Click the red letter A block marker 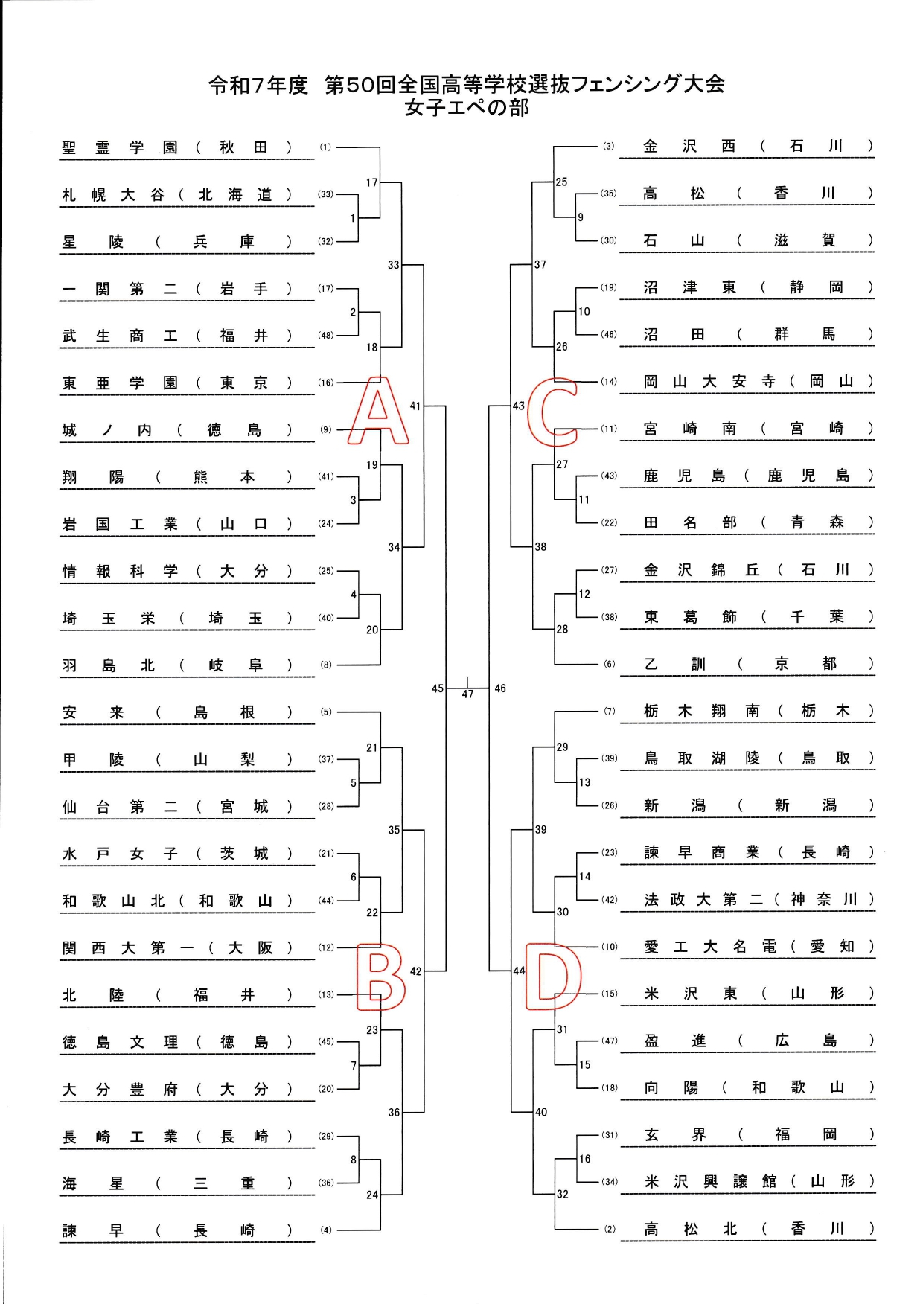pyautogui.click(x=378, y=412)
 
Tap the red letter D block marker pyautogui.click(x=553, y=976)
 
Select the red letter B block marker pyautogui.click(x=380, y=977)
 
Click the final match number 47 pyautogui.click(x=467, y=694)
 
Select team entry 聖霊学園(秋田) pyautogui.click(x=176, y=147)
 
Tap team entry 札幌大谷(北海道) pyautogui.click(x=176, y=195)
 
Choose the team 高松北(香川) pyautogui.click(x=758, y=1229)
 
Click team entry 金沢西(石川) pyautogui.click(x=758, y=146)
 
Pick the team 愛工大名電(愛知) pyautogui.click(x=758, y=947)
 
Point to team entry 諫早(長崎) pyautogui.click(x=176, y=1230)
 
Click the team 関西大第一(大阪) pyautogui.click(x=176, y=947)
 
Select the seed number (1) pyautogui.click(x=326, y=147)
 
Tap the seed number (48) pyautogui.click(x=326, y=336)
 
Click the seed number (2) pyautogui.click(x=610, y=1229)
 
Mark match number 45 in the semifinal pyautogui.click(x=438, y=688)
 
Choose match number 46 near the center pyautogui.click(x=500, y=688)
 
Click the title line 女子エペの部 pyautogui.click(x=467, y=108)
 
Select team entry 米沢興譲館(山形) pyautogui.click(x=758, y=1182)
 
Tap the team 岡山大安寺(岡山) pyautogui.click(x=758, y=381)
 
